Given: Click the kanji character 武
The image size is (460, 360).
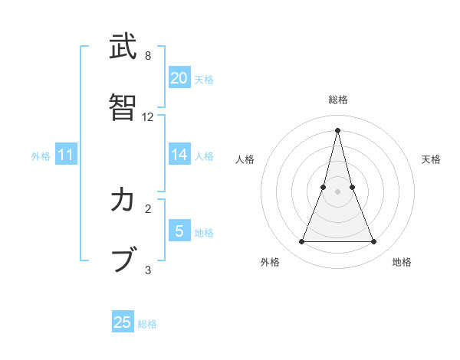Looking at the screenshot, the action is coord(123,47).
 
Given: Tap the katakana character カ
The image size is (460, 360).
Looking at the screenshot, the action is coord(123,200).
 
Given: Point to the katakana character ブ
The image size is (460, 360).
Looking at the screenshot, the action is coord(123,260).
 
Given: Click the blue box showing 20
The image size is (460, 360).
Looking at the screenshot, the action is coord(179,77).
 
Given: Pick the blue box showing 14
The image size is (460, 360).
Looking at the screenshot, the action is coord(179,154).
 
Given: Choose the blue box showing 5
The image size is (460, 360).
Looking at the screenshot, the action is coord(179,231).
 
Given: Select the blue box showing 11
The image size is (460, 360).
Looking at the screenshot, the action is coord(66,155).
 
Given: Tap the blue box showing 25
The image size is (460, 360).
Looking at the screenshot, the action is coord(123,322).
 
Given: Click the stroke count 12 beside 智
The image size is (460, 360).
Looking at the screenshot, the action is coord(148,117).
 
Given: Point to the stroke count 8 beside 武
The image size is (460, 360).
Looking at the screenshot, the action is coord(148,56).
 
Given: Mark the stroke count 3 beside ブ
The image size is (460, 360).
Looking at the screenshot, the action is coord(148,270).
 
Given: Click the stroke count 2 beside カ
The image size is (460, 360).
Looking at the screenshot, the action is coord(148,208).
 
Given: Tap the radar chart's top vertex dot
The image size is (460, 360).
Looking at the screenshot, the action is coord(337,129).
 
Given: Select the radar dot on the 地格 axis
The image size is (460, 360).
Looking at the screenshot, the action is coord(374,242).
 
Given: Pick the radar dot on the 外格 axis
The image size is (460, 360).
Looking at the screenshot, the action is coord(301,242).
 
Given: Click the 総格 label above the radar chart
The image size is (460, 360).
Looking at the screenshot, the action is coord(337,100).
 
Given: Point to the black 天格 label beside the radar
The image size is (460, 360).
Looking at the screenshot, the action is coord(431,159).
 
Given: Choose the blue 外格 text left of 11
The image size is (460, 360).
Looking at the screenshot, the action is coord(41,155).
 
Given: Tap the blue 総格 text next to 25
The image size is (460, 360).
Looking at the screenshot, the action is coord(147,324).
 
